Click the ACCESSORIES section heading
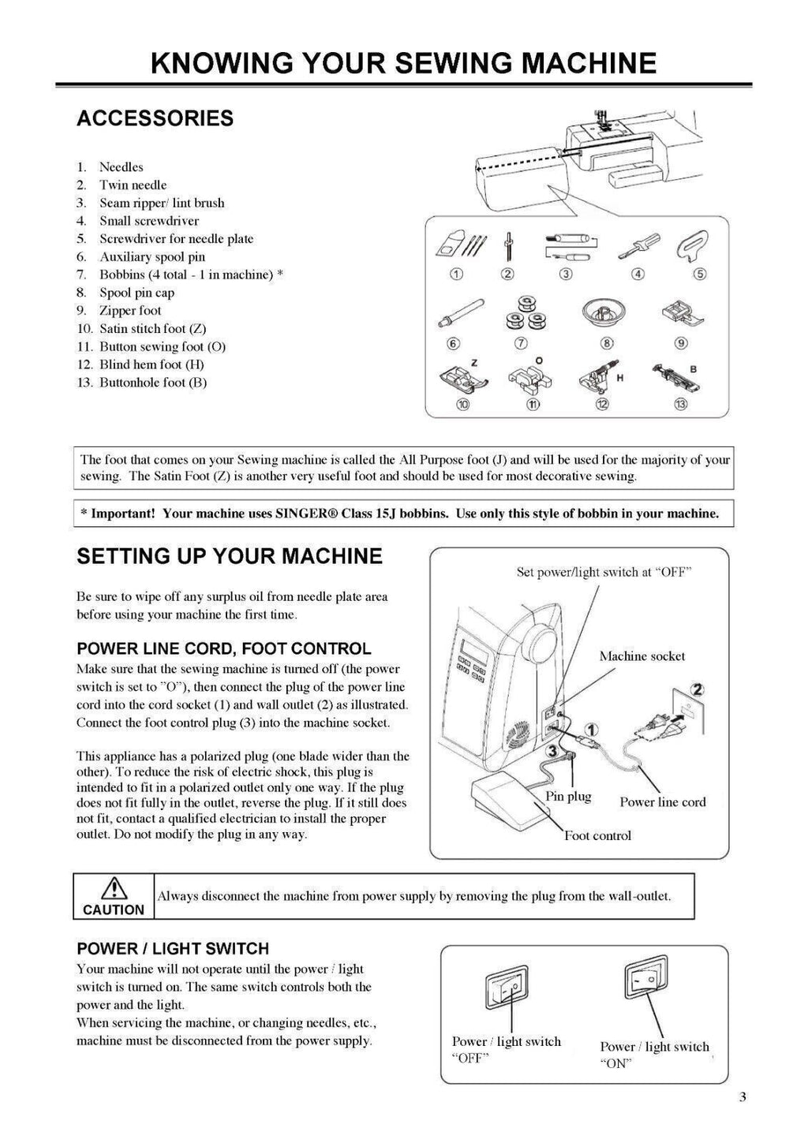pos(155,118)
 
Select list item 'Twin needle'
pos(133,185)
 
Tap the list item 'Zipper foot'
pos(129,310)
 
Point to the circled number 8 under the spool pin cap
pos(607,342)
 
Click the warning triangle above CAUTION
pos(114,888)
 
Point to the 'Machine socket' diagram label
pos(642,656)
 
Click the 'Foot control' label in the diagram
pos(597,835)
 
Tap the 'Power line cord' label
pos(662,802)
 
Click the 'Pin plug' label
pos(568,796)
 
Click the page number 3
pos(743,1096)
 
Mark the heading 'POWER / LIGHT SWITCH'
pos(173,948)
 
